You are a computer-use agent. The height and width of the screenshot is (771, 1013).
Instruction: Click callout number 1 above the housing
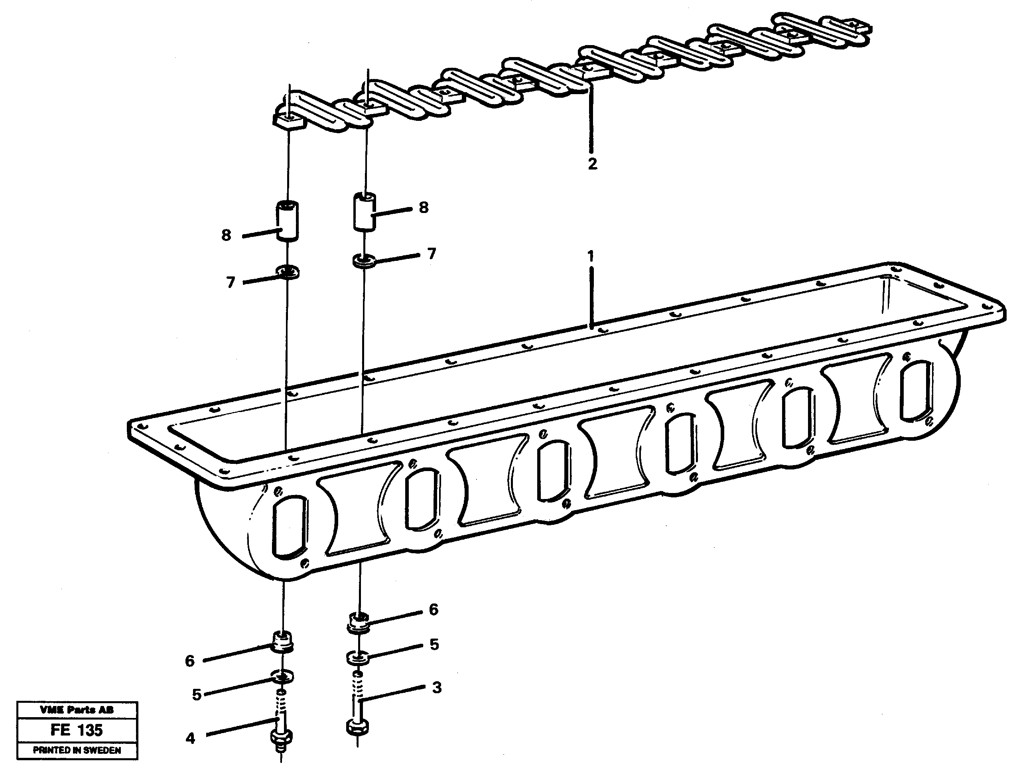[591, 256]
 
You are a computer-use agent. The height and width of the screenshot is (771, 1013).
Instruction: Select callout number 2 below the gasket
[592, 164]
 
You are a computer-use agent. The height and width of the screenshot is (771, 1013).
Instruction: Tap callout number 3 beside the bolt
[436, 688]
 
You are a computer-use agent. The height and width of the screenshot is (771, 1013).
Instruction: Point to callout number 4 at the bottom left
[190, 738]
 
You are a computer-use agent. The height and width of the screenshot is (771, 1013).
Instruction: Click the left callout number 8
[226, 235]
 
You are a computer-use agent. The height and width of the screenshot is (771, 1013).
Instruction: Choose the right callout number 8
[424, 207]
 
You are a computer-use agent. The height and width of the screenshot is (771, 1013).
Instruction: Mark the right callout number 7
[431, 254]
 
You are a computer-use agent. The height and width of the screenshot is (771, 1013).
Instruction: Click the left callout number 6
[190, 661]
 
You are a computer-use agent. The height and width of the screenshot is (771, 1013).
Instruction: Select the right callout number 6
[434, 609]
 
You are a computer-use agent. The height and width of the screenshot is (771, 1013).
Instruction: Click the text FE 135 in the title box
[77, 730]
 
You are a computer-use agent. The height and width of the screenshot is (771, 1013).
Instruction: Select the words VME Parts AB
[77, 710]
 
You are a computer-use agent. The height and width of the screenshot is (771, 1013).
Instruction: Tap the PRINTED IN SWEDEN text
[77, 750]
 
